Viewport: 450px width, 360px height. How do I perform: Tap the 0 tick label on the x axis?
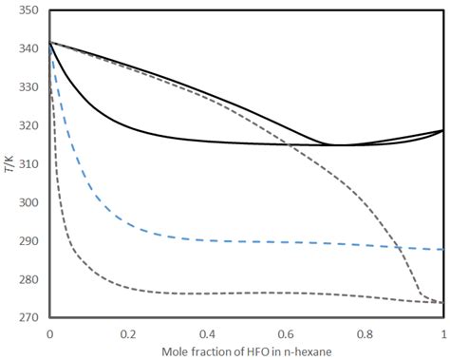[x=49, y=334]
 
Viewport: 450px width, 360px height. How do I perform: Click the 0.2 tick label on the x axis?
[x=128, y=334]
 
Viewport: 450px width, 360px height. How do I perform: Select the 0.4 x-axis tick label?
[x=207, y=334]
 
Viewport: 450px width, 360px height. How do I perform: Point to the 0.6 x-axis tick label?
[x=286, y=334]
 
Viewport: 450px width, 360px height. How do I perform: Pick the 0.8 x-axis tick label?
[x=365, y=334]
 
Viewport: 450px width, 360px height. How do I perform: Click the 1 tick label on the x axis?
[x=443, y=334]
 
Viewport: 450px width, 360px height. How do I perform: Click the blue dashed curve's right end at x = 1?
[x=443, y=249]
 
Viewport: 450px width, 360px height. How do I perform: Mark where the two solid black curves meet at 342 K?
[x=50, y=42]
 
